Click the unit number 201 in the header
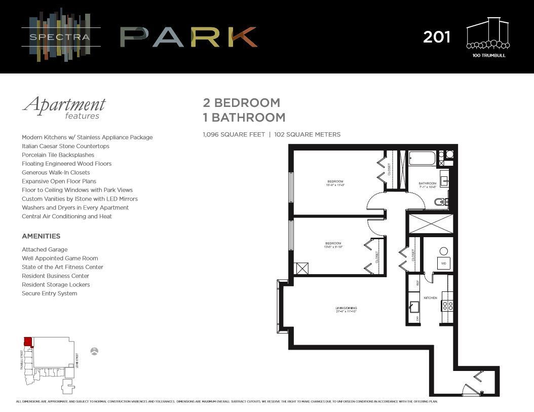[x=436, y=37]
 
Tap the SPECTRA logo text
[x=60, y=36]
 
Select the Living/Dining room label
[x=346, y=309]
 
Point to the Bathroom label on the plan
[x=427, y=183]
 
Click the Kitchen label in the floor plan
[x=430, y=297]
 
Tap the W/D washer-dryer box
[x=444, y=263]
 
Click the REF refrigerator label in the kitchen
[x=417, y=283]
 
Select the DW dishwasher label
[x=417, y=318]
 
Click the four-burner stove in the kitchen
[x=448, y=305]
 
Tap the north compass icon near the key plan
[x=94, y=351]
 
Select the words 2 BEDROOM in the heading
[x=241, y=102]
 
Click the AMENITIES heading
[x=41, y=236]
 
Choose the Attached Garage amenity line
[x=45, y=249]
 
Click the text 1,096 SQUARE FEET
[x=234, y=134]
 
